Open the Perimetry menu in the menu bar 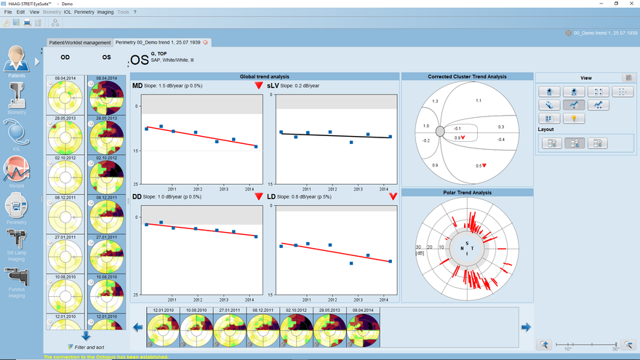click(x=84, y=12)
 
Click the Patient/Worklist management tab click(x=80, y=43)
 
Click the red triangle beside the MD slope click(x=258, y=86)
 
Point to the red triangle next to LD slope click(x=393, y=196)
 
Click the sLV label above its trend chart click(x=272, y=87)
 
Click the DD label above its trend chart click(x=137, y=196)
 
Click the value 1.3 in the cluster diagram click(x=435, y=101)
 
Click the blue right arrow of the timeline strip click(x=526, y=327)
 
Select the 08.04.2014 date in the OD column click(x=65, y=78)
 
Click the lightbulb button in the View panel click(x=574, y=119)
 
